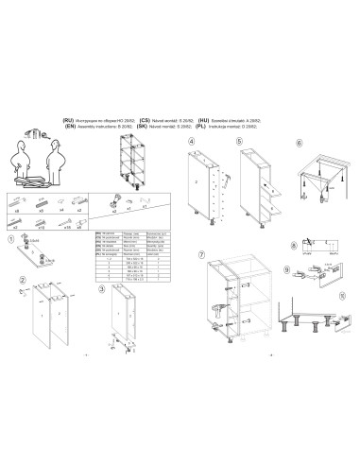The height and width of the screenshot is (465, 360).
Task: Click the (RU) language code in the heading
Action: pyautogui.click(x=68, y=121)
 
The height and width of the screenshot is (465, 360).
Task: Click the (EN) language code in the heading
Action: pyautogui.click(x=68, y=127)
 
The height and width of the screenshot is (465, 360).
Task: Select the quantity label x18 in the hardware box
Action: pyautogui.click(x=43, y=228)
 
